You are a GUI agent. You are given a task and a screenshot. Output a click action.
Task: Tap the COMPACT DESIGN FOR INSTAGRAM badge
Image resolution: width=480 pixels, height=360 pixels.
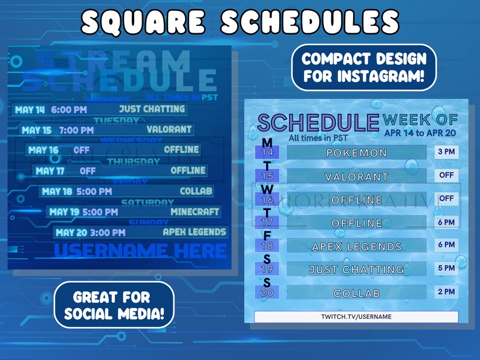(x=364, y=68)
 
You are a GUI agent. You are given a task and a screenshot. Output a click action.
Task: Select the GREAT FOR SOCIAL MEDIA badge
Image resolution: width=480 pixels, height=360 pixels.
(x=114, y=305)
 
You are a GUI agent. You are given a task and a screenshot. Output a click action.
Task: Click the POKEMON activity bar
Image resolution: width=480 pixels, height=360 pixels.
(x=357, y=153)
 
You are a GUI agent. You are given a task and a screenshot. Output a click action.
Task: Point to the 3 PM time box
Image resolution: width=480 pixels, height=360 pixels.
(x=446, y=151)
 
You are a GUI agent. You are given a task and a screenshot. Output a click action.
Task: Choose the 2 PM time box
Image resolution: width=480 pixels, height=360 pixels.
(x=446, y=292)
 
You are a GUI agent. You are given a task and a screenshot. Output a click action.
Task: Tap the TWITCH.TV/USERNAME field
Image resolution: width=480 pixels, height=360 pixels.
(x=356, y=317)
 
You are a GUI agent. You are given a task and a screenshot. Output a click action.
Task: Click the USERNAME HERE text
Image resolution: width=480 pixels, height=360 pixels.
(x=140, y=250)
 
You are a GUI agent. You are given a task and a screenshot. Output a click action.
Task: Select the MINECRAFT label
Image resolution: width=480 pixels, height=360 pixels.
(x=195, y=212)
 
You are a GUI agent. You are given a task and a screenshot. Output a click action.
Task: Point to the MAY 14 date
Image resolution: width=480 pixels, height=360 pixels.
(x=30, y=110)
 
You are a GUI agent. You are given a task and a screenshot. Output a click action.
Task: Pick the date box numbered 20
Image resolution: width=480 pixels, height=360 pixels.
(x=267, y=293)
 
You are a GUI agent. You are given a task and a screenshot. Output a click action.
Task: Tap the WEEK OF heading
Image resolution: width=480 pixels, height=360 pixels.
(x=420, y=120)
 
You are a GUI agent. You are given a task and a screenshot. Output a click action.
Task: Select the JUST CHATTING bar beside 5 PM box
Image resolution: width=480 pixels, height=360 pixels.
(x=357, y=269)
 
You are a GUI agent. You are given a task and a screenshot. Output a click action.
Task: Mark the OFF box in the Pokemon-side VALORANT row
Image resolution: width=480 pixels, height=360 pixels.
(x=446, y=175)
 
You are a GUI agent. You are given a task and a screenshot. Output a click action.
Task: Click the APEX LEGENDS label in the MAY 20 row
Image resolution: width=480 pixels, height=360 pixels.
(x=195, y=231)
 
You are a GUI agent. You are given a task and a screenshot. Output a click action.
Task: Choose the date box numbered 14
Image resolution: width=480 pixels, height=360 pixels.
(x=267, y=153)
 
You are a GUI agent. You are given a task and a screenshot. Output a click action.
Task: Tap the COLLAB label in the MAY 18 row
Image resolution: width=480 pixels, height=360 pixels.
(x=196, y=191)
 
